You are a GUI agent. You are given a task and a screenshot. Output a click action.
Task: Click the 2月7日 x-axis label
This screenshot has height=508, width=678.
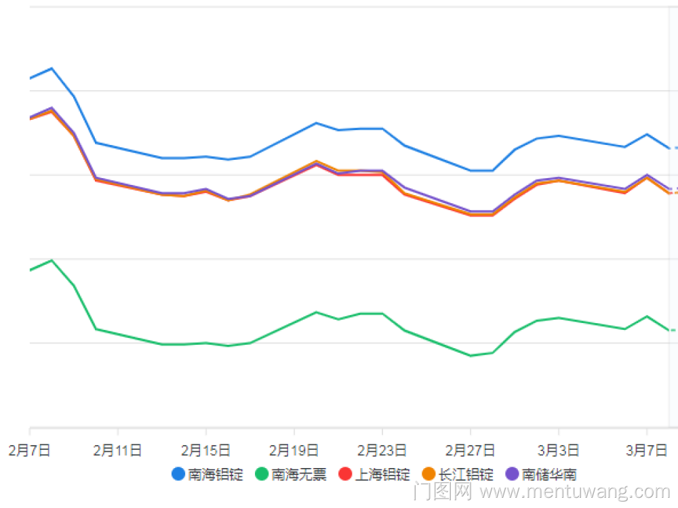click(30, 450)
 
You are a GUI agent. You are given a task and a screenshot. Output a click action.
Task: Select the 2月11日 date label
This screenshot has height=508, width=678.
click(117, 450)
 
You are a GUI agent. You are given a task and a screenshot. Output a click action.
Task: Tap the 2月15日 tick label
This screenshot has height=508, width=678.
click(205, 450)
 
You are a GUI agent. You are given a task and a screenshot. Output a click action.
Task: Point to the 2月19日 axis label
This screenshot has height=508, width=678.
click(294, 450)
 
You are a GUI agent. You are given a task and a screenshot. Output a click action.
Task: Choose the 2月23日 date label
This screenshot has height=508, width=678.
click(382, 450)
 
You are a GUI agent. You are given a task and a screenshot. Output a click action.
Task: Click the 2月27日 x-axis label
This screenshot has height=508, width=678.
click(470, 450)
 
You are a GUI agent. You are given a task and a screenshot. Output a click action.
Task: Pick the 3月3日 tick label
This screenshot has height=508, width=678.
click(559, 450)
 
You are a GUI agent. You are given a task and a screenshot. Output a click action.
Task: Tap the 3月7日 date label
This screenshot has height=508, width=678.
click(647, 450)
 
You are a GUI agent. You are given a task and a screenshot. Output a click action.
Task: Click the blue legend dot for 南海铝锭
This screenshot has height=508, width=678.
click(178, 474)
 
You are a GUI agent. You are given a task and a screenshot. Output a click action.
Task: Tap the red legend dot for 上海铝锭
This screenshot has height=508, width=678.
click(345, 474)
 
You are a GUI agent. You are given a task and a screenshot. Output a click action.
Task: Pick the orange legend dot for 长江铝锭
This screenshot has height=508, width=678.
click(428, 474)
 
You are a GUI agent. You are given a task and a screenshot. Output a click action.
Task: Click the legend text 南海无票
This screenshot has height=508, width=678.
click(299, 474)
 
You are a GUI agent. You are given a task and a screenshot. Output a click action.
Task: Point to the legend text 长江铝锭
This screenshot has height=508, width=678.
click(466, 474)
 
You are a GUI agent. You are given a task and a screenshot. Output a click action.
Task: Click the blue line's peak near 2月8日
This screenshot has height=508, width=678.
click(52, 68)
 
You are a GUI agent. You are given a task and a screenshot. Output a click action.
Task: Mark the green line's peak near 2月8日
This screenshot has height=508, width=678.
click(52, 260)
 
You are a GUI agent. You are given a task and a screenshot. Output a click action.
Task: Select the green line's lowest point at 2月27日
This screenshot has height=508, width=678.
click(471, 356)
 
